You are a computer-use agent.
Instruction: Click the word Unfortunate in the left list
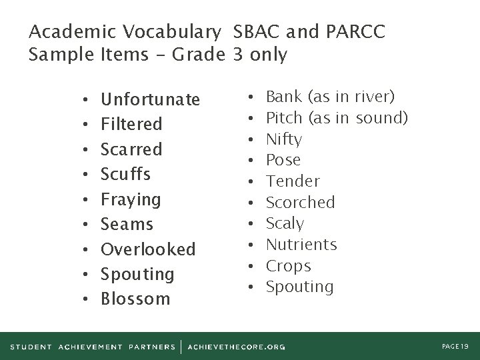tap(150, 99)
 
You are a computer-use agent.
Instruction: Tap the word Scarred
tap(131, 149)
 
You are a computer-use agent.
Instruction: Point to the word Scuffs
tap(125, 174)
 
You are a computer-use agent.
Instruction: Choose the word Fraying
tap(131, 199)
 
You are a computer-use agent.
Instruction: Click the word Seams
tap(127, 224)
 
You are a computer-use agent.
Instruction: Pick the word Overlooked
tap(148, 249)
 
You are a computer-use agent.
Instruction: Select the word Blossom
tap(135, 299)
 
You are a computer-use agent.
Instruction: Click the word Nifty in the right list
tap(284, 139)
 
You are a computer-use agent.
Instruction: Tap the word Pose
tap(283, 160)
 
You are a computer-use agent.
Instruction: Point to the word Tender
tap(293, 181)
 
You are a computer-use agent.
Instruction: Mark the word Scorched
tap(301, 202)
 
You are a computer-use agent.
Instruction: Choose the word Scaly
tap(285, 223)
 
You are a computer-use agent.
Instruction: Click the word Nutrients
tap(301, 245)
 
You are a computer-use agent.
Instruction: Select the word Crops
tap(289, 265)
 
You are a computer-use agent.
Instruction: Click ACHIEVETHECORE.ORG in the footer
tap(237, 347)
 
